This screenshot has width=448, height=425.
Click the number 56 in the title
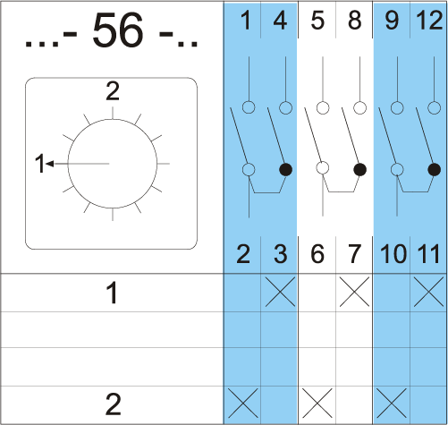pyautogui.click(x=117, y=30)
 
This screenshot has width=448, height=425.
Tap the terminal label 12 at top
pyautogui.click(x=429, y=21)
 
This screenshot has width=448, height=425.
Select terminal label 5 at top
pyautogui.click(x=317, y=21)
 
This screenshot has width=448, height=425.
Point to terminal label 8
pyautogui.click(x=355, y=21)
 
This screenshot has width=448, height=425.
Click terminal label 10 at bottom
pyautogui.click(x=393, y=254)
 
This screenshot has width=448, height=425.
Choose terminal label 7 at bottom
pyautogui.click(x=355, y=254)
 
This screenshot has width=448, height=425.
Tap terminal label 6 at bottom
pyautogui.click(x=317, y=254)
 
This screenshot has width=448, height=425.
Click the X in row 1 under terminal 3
pyautogui.click(x=280, y=292)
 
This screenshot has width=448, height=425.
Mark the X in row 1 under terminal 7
pyautogui.click(x=354, y=292)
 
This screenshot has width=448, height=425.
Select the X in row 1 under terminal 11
pyautogui.click(x=428, y=292)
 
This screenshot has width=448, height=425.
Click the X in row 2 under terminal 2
pyautogui.click(x=242, y=404)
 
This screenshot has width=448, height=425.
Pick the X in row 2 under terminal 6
pyautogui.click(x=317, y=404)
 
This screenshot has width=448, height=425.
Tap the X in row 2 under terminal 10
pyautogui.click(x=392, y=404)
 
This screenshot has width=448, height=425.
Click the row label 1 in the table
pyautogui.click(x=113, y=293)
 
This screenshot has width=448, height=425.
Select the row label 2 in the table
pyautogui.click(x=113, y=404)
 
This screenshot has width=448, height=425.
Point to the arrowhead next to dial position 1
pyautogui.click(x=50, y=164)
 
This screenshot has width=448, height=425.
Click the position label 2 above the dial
pyautogui.click(x=113, y=91)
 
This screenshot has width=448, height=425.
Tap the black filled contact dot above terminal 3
pyautogui.click(x=286, y=170)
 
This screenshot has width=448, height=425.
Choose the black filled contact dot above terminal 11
pyautogui.click(x=435, y=170)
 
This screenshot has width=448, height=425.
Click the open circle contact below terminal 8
pyautogui.click(x=359, y=107)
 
